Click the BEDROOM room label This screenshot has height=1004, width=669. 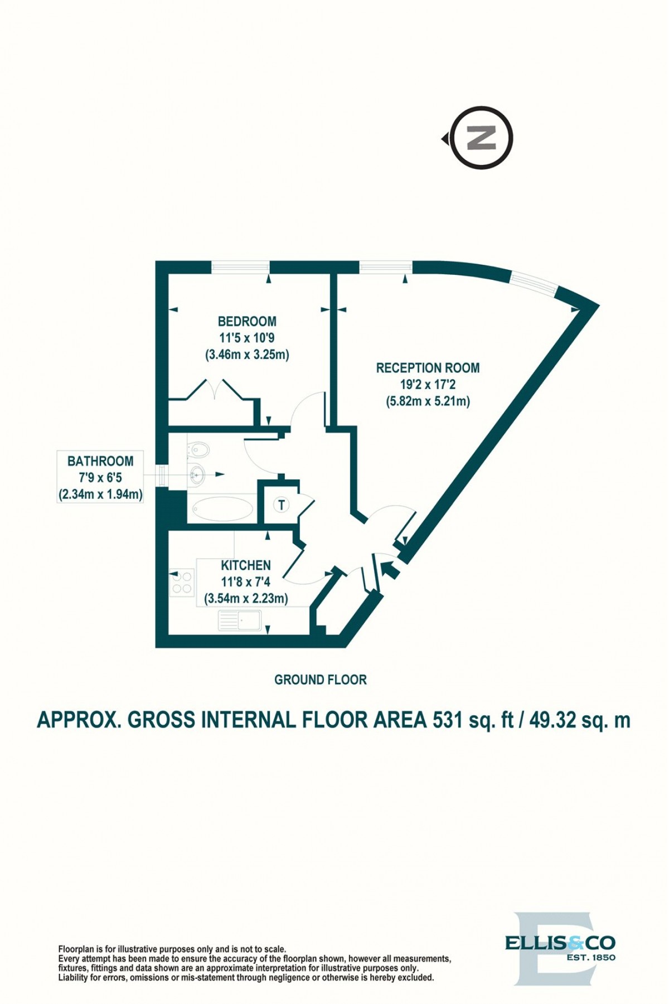247,321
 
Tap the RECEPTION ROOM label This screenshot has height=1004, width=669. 428,368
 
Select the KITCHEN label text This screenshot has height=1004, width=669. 246,565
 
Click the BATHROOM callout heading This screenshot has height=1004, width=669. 100,461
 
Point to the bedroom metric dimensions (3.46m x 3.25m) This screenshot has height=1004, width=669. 247,354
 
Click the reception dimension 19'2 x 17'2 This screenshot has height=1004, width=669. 428,384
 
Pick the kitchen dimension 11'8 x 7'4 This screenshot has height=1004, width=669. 246,582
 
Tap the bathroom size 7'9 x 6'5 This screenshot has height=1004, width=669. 100,478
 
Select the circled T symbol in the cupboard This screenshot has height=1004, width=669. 282,505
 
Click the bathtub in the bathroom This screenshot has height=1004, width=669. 222,508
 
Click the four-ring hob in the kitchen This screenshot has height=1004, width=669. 182,583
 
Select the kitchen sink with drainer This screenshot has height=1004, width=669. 240,620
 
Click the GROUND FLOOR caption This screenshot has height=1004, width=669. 321,680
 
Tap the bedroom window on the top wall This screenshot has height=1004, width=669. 240,267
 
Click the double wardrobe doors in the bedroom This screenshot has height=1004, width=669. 214,389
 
